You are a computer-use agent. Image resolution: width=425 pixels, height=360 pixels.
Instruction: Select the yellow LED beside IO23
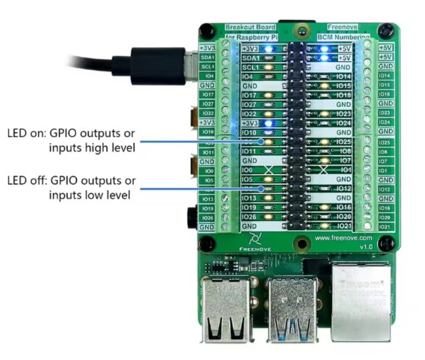point(324,114)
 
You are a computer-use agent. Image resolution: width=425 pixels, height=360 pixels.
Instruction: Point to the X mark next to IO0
point(270,170)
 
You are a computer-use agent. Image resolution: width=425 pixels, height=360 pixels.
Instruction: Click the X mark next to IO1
point(324,170)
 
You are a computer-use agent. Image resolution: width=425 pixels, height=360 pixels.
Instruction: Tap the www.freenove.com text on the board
point(344,238)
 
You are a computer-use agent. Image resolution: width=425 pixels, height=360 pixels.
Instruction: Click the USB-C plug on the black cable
point(156,66)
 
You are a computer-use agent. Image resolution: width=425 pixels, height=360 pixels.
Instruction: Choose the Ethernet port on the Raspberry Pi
point(361,302)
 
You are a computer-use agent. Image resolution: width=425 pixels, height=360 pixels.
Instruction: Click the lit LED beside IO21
point(324,226)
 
